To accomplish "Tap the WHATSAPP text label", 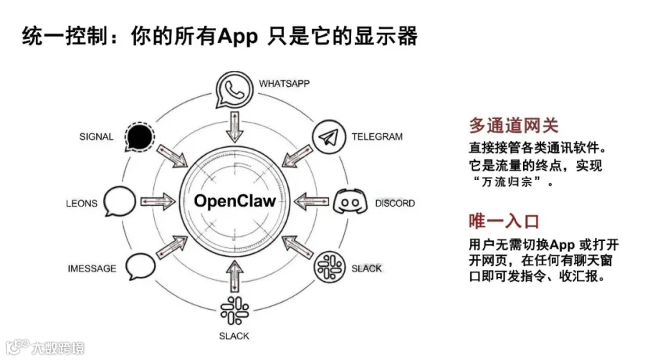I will click(285, 83).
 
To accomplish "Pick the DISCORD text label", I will click(395, 203).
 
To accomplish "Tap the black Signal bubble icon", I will click(138, 136).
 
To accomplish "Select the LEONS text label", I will click(82, 203).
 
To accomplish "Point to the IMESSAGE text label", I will click(92, 268).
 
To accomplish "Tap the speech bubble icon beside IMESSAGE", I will click(140, 267).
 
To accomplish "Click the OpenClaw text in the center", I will click(234, 201).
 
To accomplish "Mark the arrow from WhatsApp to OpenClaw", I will click(234, 128).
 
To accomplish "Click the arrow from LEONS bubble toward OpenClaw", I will click(158, 202).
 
